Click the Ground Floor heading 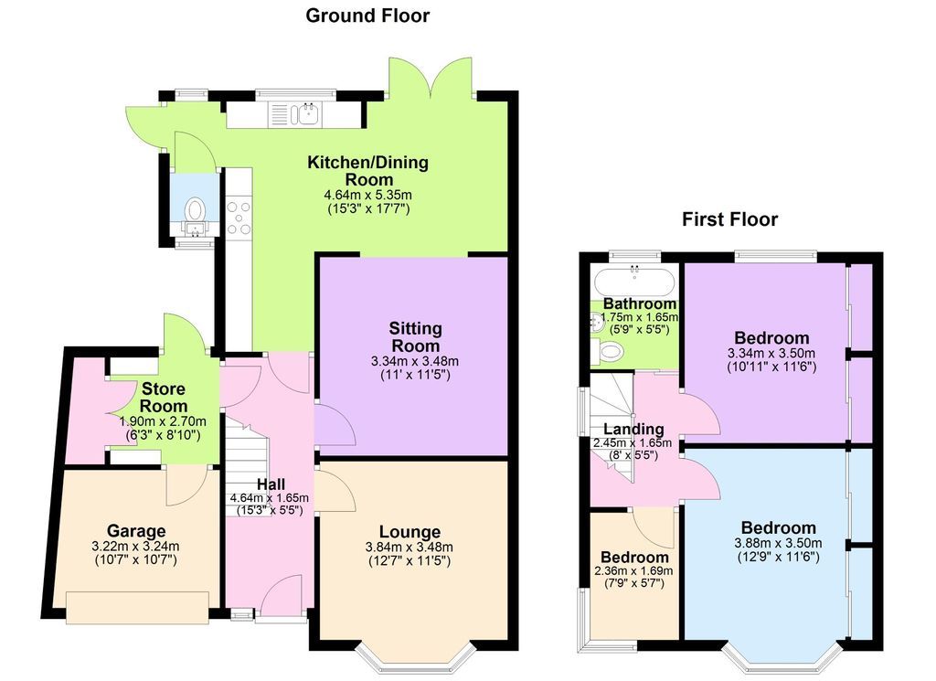[x=367, y=16]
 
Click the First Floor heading [x=729, y=219]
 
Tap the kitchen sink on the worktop [x=304, y=114]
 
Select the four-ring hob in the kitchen [x=239, y=217]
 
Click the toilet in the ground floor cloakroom [x=195, y=211]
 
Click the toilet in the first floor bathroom [x=609, y=351]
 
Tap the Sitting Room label [x=416, y=337]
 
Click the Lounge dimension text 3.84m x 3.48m [x=410, y=548]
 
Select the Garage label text [x=136, y=531]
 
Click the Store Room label [x=164, y=398]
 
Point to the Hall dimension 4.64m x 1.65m [x=270, y=498]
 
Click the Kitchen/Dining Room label [x=367, y=171]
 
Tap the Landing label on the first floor [x=633, y=430]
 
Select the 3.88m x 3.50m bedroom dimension [x=778, y=543]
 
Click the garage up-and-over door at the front [x=137, y=604]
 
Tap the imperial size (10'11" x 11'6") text [x=771, y=367]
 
